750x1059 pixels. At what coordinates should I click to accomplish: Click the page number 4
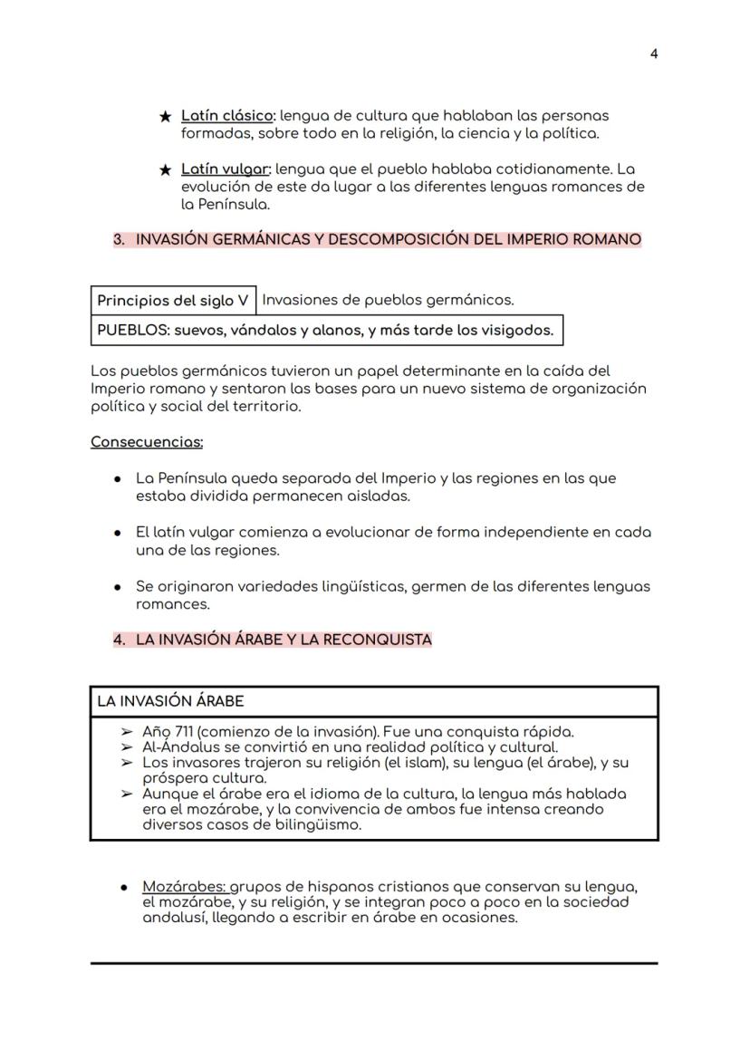click(x=654, y=53)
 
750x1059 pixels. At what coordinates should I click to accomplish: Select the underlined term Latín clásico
click(x=227, y=116)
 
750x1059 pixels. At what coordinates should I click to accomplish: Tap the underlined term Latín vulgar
click(x=226, y=169)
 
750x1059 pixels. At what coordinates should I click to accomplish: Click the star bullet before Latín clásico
click(x=165, y=117)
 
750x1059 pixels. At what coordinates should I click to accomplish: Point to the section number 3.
click(x=119, y=240)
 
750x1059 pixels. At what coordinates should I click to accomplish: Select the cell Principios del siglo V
click(x=173, y=301)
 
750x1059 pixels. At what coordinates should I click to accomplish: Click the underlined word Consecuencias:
click(x=147, y=442)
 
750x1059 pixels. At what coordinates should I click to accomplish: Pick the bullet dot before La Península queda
click(x=118, y=479)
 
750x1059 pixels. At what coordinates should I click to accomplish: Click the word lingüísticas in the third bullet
click(x=361, y=587)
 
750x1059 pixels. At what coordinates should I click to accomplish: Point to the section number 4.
click(x=119, y=640)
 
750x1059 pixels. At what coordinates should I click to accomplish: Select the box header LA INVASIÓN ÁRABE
click(x=170, y=701)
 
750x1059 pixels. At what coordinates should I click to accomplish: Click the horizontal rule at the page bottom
click(x=374, y=963)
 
